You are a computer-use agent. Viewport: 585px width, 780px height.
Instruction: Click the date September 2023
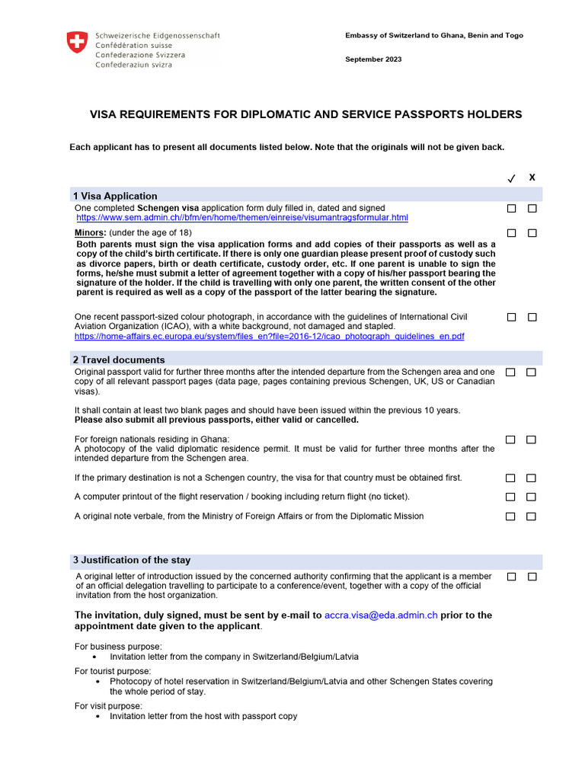click(373, 59)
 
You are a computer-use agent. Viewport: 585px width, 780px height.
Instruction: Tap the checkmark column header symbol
click(511, 178)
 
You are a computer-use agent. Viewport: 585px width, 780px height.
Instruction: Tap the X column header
click(532, 177)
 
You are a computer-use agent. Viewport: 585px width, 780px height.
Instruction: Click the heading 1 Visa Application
click(115, 196)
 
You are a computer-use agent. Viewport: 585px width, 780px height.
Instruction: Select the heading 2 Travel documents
click(119, 360)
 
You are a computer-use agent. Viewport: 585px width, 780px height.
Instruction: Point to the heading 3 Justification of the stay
click(132, 560)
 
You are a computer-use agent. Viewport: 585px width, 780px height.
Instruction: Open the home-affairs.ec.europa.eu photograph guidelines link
click(269, 336)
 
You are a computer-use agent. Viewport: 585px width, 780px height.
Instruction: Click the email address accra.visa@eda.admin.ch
click(381, 615)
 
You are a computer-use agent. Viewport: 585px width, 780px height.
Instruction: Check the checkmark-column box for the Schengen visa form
click(511, 208)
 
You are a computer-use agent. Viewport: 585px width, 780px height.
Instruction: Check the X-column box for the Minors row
click(532, 232)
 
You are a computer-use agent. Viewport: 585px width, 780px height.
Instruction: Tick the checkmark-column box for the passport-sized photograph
click(511, 316)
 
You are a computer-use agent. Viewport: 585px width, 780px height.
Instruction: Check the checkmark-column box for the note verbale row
click(510, 516)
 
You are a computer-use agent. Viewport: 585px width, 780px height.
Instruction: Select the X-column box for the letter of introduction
click(532, 577)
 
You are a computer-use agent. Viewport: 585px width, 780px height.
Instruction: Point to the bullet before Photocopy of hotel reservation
click(94, 682)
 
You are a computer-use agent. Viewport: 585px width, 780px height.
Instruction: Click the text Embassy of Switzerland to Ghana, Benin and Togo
click(434, 36)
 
